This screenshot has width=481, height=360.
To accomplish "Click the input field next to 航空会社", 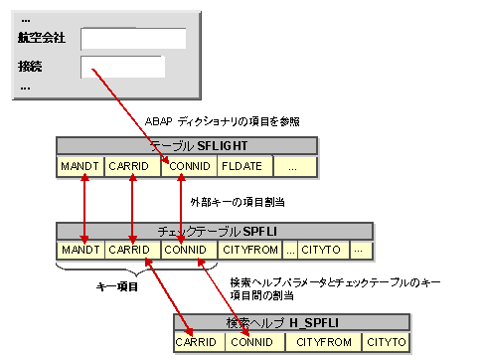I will click(133, 39).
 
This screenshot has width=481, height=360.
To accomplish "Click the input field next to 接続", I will click(122, 67).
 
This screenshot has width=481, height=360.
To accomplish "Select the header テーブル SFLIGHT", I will click(187, 146).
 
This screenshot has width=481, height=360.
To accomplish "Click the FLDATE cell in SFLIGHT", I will click(241, 165).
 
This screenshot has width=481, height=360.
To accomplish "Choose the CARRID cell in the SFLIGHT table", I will click(132, 165).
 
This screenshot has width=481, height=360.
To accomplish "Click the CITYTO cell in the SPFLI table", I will click(322, 249).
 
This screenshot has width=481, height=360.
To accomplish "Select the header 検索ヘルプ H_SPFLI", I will click(290, 323).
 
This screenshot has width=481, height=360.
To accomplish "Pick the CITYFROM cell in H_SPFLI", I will click(321, 342).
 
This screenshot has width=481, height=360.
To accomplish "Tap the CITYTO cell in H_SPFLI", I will click(385, 342).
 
